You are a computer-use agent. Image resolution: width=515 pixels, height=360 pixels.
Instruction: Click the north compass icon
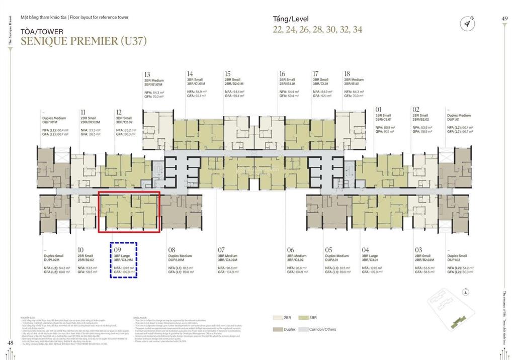468,23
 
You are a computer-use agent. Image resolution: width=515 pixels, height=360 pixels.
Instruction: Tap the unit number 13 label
147,74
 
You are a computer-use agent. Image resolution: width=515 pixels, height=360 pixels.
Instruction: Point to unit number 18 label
348,74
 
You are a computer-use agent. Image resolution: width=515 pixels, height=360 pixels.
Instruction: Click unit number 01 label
379,109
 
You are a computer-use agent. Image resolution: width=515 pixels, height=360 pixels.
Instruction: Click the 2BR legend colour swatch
278,318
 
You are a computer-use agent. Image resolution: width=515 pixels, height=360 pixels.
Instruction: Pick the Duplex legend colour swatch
278,329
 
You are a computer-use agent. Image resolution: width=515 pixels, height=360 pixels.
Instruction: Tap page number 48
10,343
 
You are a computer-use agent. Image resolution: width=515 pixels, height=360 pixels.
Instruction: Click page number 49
505,18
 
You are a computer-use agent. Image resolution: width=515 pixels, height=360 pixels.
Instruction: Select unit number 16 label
282,74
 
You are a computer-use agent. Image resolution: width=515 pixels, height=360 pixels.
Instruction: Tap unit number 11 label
82,113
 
